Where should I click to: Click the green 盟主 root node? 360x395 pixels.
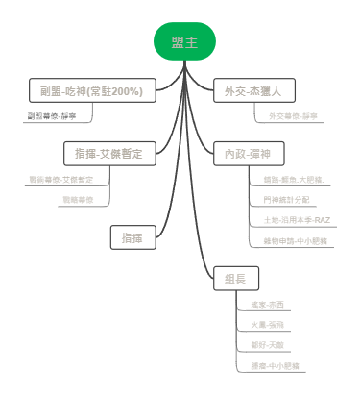pyautogui.click(x=184, y=41)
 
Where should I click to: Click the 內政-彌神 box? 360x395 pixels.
pyautogui.click(x=248, y=154)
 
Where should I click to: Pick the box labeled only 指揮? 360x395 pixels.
pyautogui.click(x=132, y=236)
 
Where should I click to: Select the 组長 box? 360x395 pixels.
pyautogui.click(x=235, y=279)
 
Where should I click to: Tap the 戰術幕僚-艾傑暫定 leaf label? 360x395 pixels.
pyautogui.click(x=66, y=180)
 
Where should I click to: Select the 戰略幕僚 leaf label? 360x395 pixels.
pyautogui.click(x=78, y=200)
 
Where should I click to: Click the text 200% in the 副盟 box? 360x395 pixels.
pyautogui.click(x=125, y=91)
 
